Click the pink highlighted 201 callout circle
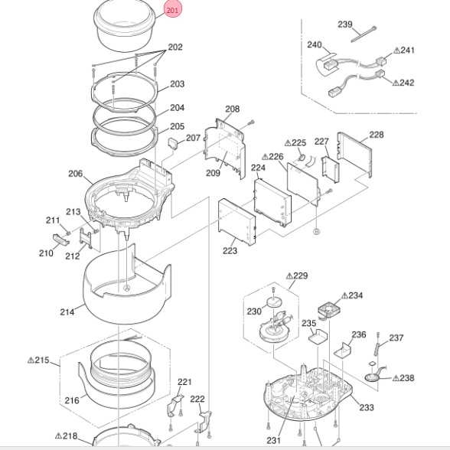click(173, 11)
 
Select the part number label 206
click(76, 174)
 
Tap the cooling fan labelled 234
click(328, 310)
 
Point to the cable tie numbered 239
click(364, 34)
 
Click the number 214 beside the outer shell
click(67, 312)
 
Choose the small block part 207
click(173, 142)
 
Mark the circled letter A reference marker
click(126, 288)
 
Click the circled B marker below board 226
click(316, 232)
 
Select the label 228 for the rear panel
click(377, 135)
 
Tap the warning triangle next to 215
click(31, 360)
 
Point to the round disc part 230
click(274, 302)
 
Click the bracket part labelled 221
click(175, 406)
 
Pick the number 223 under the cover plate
click(230, 251)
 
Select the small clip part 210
click(61, 240)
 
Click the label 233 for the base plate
click(367, 407)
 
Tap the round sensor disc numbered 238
click(372, 377)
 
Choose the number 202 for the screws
click(175, 47)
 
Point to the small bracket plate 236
click(343, 351)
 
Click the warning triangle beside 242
click(396, 83)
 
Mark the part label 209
click(214, 173)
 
